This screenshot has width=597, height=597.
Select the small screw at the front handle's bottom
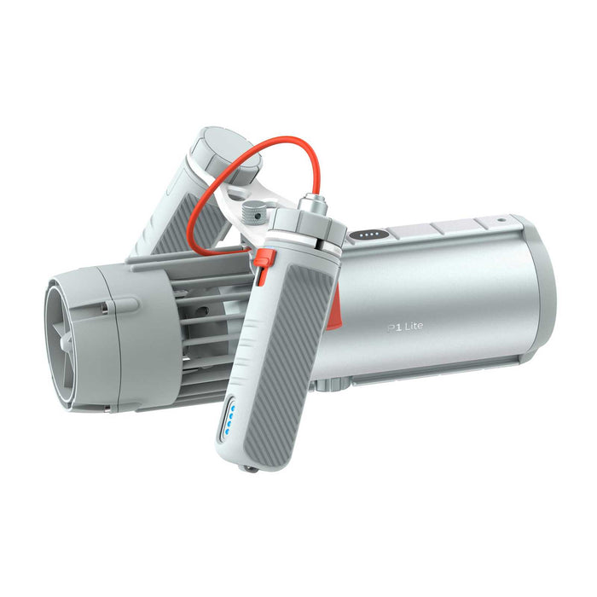(247, 468)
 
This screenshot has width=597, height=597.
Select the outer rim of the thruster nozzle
(53, 341)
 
